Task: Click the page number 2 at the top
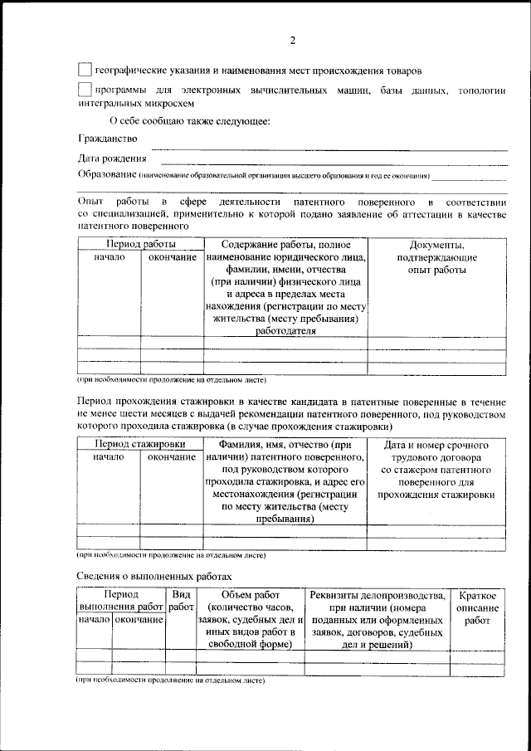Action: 292,41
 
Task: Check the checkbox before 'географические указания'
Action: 85,71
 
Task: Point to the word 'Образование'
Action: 107,175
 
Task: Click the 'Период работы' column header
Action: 139,245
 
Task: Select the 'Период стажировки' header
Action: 139,444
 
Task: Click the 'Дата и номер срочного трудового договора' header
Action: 436,469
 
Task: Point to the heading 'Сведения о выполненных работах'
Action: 155,575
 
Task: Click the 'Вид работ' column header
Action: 180,602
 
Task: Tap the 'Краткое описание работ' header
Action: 477,607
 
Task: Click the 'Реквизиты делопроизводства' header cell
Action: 377,595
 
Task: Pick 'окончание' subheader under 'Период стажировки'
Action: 172,457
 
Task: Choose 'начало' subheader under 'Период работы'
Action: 109,258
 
